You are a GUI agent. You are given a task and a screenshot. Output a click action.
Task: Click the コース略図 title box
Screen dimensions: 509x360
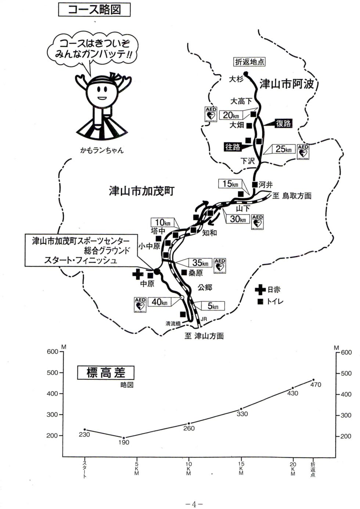pyautogui.click(x=94, y=9)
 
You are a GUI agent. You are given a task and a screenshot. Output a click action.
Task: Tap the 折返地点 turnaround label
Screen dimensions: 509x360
pyautogui.click(x=250, y=62)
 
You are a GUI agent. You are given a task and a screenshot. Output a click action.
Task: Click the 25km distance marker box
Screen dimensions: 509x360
pyautogui.click(x=283, y=149)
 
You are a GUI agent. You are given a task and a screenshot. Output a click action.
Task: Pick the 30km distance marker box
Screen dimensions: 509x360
pyautogui.click(x=238, y=219)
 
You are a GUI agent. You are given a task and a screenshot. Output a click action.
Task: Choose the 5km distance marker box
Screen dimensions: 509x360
pyautogui.click(x=213, y=306)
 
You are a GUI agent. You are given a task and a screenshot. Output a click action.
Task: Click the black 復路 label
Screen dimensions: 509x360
pyautogui.click(x=284, y=124)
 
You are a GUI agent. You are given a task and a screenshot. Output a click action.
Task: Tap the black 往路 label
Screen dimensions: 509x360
pyautogui.click(x=233, y=147)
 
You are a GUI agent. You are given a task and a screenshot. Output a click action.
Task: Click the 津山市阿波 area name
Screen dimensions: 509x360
pyautogui.click(x=287, y=84)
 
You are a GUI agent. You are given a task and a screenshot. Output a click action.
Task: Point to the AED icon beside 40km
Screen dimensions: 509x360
pyautogui.click(x=140, y=305)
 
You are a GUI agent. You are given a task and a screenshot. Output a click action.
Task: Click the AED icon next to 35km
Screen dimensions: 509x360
pyautogui.click(x=220, y=266)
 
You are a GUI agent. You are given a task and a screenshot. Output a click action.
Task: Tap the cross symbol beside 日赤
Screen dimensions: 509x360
pyautogui.click(x=260, y=290)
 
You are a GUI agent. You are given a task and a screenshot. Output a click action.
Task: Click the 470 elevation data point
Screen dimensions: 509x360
pyautogui.click(x=313, y=380)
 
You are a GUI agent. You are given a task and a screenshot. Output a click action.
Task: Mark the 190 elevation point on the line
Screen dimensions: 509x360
pyautogui.click(x=124, y=438)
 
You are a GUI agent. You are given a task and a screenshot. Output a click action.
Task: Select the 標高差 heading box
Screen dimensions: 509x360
pyautogui.click(x=106, y=373)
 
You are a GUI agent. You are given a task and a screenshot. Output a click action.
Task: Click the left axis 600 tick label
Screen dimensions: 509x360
pyautogui.click(x=53, y=352)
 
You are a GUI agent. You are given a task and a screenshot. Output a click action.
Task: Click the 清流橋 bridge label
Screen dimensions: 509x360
pyautogui.click(x=173, y=324)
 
